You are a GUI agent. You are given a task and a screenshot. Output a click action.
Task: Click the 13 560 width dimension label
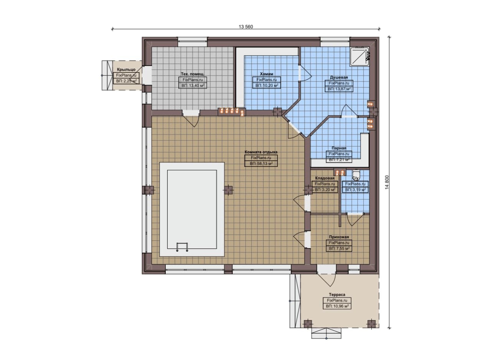tap(246, 27)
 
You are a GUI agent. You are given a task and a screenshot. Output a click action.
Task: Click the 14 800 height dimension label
tap(387, 182)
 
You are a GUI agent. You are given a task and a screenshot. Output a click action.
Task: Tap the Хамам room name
tap(267, 74)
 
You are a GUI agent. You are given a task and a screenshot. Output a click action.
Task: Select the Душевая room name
tap(339, 77)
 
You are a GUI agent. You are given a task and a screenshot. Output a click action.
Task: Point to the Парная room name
tap(339, 148)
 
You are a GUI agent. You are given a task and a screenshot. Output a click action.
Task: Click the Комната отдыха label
tap(261, 152)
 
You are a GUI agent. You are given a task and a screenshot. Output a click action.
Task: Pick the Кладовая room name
tap(325, 178)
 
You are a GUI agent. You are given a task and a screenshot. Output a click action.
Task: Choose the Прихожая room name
tap(339, 237)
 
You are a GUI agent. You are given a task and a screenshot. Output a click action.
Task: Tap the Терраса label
tap(337, 294)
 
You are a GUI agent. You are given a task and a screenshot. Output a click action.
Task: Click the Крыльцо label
tap(126, 69)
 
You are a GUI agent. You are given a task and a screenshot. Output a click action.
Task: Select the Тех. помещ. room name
tap(192, 74)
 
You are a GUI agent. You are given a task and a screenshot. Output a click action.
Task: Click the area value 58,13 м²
tap(261, 163)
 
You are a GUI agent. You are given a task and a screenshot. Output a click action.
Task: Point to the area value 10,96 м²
tap(337, 306)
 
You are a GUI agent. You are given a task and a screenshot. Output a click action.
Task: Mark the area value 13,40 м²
tap(193, 85)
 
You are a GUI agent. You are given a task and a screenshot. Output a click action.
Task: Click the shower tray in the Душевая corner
tap(360, 56)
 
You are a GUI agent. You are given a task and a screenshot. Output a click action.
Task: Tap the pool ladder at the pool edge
tap(182, 247)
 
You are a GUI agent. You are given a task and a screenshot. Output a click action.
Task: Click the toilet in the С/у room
tap(356, 174)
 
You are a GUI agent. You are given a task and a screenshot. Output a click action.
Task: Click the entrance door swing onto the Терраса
tap(326, 280)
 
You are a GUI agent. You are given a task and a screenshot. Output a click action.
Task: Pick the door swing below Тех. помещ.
tap(191, 121)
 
